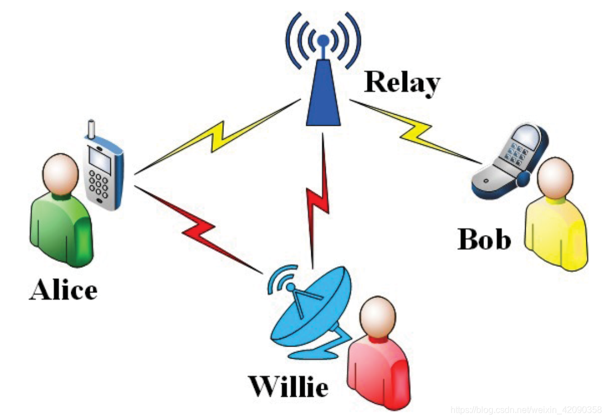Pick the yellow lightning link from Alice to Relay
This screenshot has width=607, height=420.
(217, 134)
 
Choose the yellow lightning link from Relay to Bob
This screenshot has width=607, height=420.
(415, 131)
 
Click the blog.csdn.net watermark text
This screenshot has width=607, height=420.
(526, 411)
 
